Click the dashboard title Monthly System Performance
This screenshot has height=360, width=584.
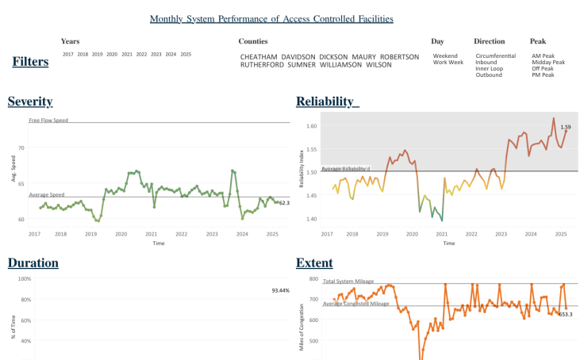[x=271, y=18]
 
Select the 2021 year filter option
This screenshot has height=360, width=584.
[x=127, y=55]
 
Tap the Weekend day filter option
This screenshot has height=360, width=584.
[x=445, y=56]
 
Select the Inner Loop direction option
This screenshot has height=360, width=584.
[x=490, y=69]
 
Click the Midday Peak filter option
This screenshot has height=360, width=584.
[x=548, y=63]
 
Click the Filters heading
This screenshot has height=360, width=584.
[x=30, y=62]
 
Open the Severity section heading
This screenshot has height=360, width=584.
[x=30, y=101]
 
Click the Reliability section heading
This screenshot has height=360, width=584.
[x=327, y=101]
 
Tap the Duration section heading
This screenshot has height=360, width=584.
[x=33, y=262]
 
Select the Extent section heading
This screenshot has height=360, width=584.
[x=314, y=262]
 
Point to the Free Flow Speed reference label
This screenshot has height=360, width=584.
[x=48, y=121]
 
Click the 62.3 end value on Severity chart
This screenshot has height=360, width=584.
[x=284, y=203]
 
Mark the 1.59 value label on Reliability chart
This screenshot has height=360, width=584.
[x=566, y=127]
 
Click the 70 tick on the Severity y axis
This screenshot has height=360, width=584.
[x=21, y=148]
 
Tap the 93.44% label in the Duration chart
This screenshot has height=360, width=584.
[x=279, y=291]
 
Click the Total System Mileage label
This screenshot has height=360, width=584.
[x=348, y=281]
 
